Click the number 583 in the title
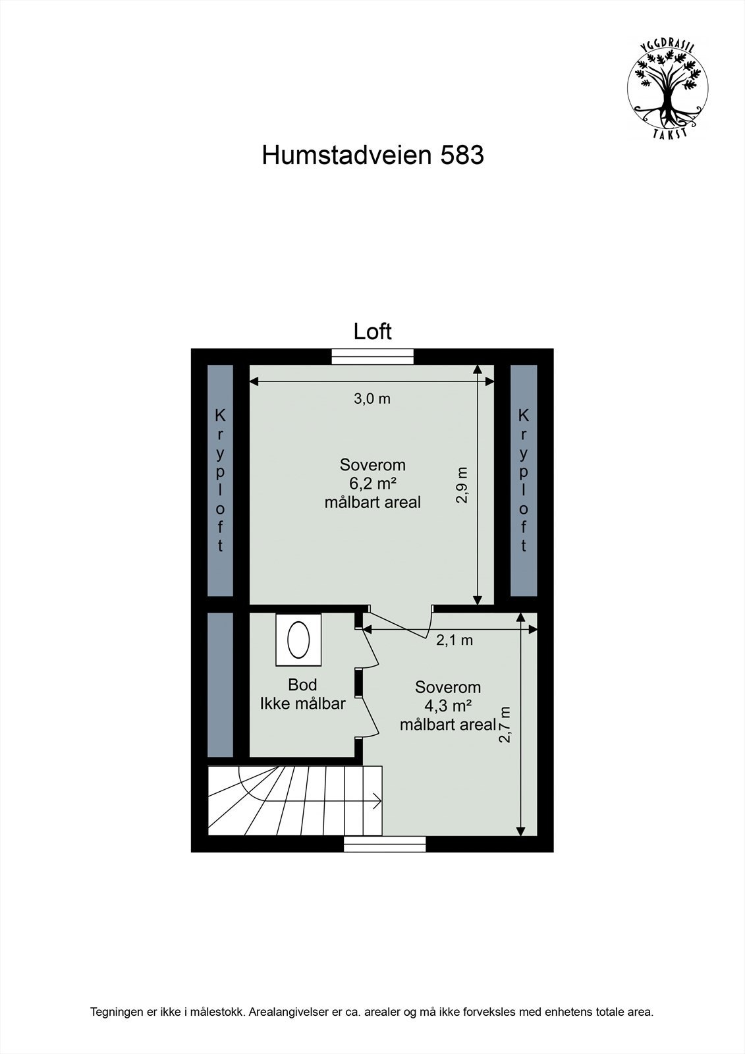[462, 155]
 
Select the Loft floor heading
[372, 331]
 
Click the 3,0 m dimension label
[372, 399]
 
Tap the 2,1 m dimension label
[455, 640]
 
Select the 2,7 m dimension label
[505, 725]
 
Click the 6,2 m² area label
[372, 484]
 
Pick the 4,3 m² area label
[448, 706]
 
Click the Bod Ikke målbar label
[303, 694]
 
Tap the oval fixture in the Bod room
[298, 639]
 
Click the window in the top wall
[373, 356]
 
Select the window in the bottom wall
[384, 843]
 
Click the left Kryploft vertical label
[220, 480]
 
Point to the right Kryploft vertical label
[524, 480]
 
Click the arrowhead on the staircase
[377, 802]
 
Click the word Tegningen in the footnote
[116, 1030]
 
